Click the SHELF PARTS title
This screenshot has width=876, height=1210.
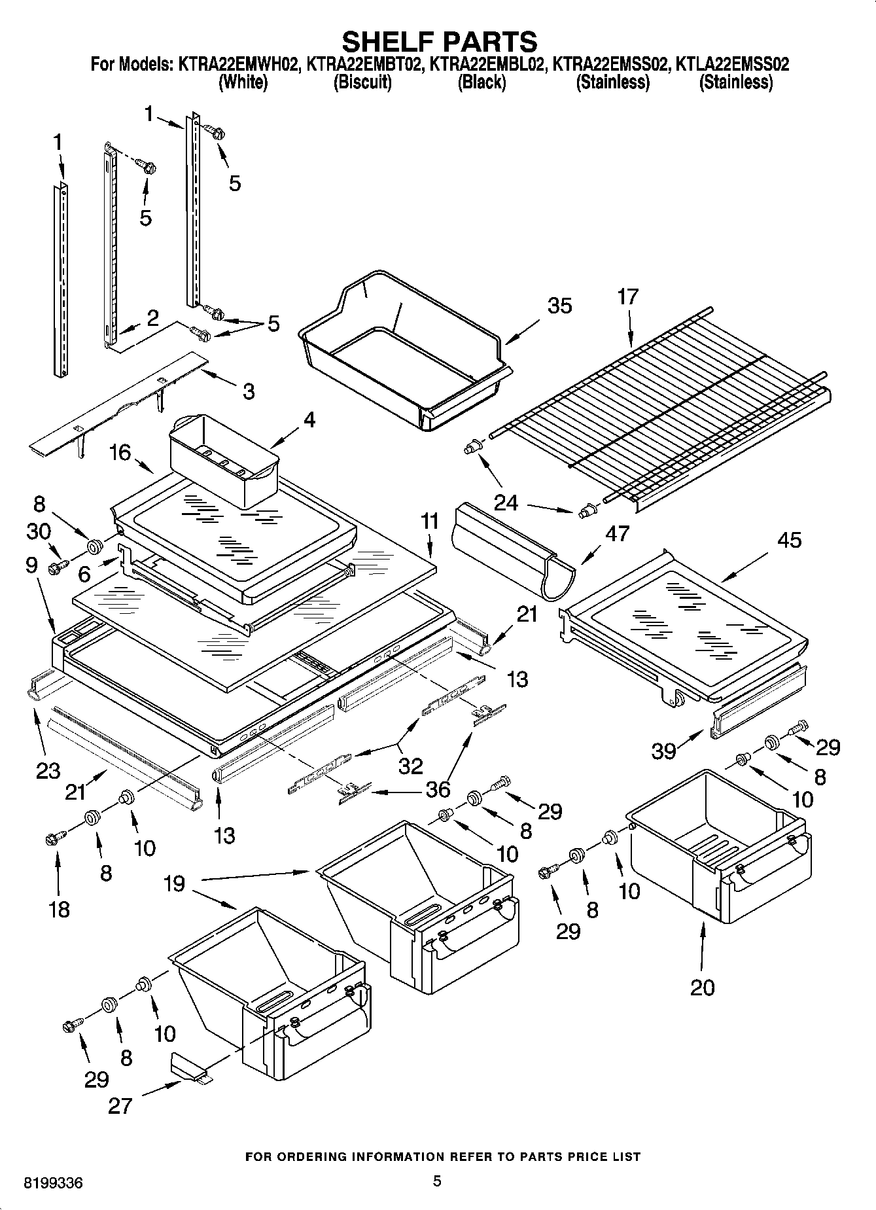click(x=440, y=41)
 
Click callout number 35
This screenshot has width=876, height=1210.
click(x=559, y=306)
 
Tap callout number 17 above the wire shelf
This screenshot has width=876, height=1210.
click(x=627, y=296)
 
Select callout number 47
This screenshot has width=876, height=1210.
click(x=617, y=533)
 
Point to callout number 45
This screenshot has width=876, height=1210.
click(x=788, y=541)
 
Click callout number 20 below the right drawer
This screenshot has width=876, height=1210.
click(x=703, y=987)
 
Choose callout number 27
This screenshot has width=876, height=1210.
click(x=121, y=1106)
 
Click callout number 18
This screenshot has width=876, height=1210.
click(x=60, y=909)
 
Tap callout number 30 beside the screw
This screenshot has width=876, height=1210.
click(x=39, y=531)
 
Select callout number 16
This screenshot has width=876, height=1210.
click(x=121, y=452)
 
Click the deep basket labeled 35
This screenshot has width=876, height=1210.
click(x=406, y=353)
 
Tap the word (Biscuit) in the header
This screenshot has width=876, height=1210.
click(x=362, y=82)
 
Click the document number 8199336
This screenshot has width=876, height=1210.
click(x=53, y=1184)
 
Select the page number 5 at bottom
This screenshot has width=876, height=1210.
click(x=438, y=1181)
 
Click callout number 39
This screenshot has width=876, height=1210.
click(x=663, y=751)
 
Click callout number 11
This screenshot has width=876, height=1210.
click(x=429, y=522)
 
